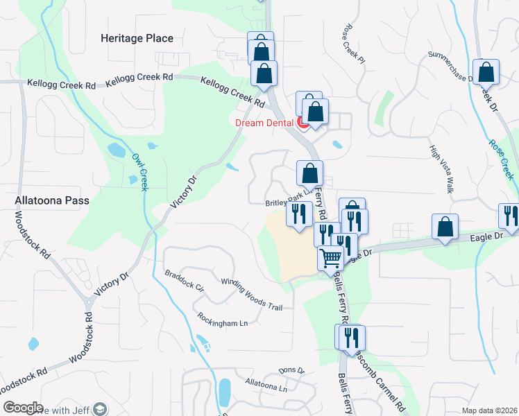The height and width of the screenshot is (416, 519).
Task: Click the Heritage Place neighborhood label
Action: click(x=136, y=38)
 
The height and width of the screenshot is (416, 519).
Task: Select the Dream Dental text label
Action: click(x=264, y=123)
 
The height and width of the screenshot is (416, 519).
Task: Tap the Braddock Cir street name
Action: click(x=184, y=280)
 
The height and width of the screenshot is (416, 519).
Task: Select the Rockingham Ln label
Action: click(x=222, y=320)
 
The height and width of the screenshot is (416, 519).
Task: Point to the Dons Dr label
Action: click(x=291, y=371)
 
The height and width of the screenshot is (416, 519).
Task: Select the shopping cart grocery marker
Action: click(x=331, y=259)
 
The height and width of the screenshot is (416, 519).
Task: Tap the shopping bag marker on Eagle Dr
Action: click(x=445, y=227)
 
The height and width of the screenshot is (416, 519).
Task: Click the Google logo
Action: click(x=23, y=408)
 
